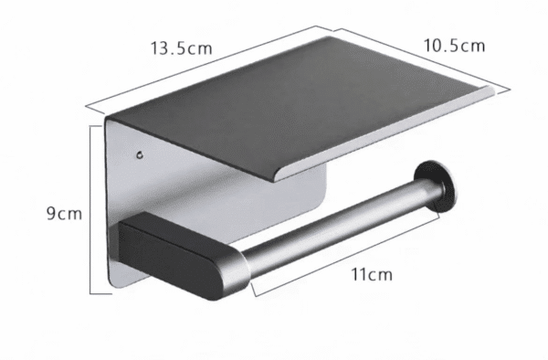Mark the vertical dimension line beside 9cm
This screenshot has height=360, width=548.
tap(91, 210)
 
